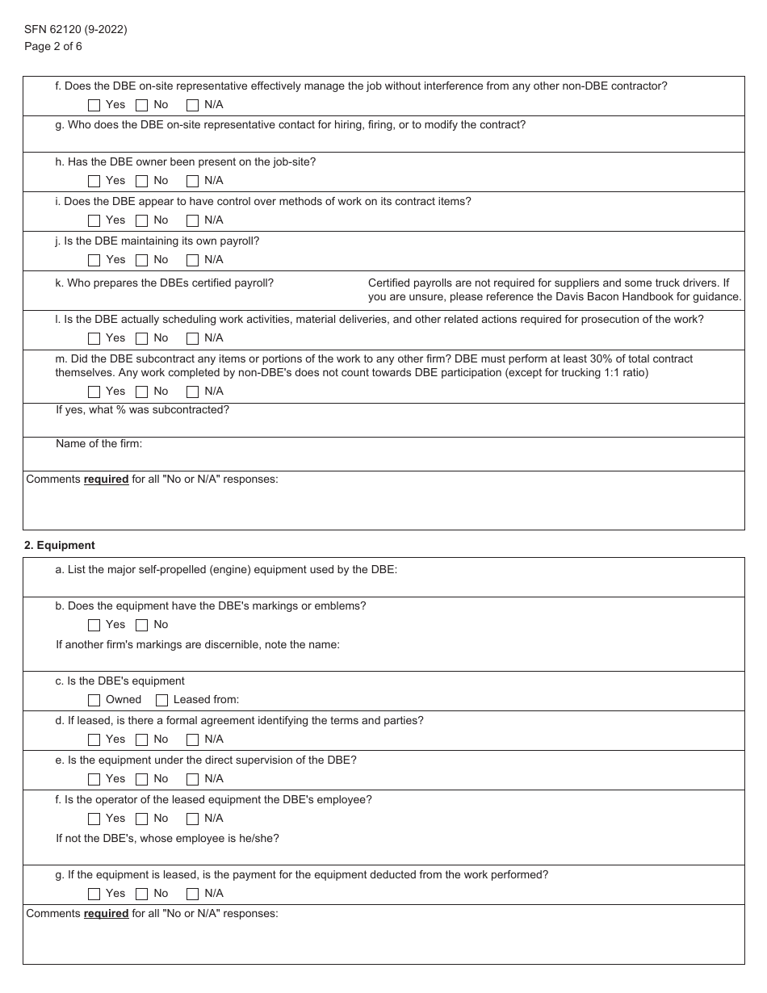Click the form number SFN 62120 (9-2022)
click(75, 30)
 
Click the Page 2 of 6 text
click(53, 46)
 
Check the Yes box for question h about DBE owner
click(94, 181)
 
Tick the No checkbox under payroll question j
click(142, 260)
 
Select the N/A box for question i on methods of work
click(193, 220)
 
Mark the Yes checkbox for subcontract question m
click(94, 392)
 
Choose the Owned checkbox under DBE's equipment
click(94, 700)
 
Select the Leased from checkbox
click(161, 700)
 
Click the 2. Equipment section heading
click(60, 545)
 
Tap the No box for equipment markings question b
click(142, 625)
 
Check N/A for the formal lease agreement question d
click(193, 740)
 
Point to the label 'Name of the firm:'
click(98, 443)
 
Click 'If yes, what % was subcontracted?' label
click(142, 409)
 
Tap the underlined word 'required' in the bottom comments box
click(106, 913)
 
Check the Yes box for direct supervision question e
click(94, 779)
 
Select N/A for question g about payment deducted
click(193, 894)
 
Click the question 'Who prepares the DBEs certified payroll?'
click(164, 283)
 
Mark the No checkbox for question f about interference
click(142, 105)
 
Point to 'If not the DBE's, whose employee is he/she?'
click(167, 838)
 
